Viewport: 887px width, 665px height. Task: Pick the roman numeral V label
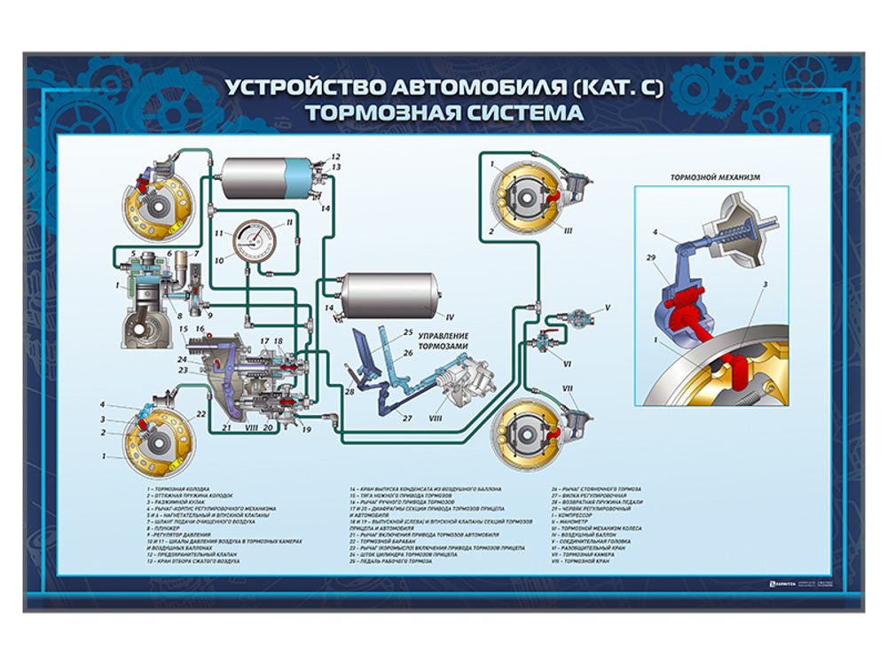608,308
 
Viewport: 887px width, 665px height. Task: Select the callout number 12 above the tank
336,156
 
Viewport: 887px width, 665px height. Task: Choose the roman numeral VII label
568,388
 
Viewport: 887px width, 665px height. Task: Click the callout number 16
201,329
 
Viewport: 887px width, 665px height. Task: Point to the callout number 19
306,429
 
